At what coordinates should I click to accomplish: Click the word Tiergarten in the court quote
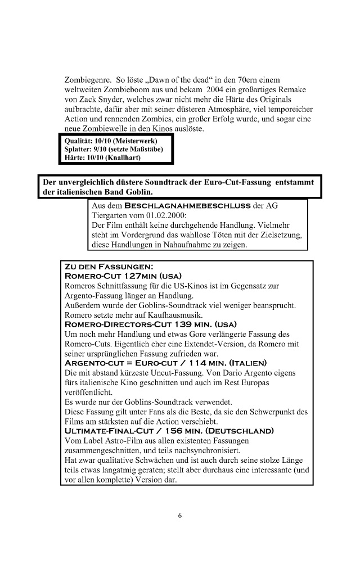click(109, 215)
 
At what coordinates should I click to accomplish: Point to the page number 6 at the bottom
click(180, 515)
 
